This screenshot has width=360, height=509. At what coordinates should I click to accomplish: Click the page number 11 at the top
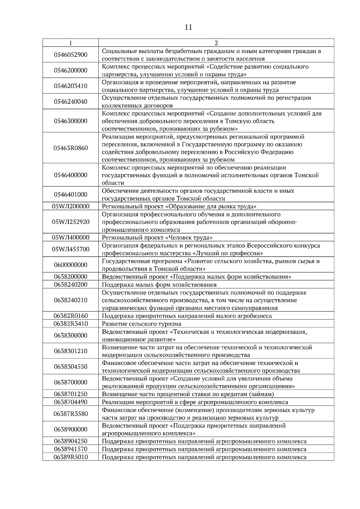[x=188, y=27]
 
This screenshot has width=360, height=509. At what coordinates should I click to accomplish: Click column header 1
[x=70, y=43]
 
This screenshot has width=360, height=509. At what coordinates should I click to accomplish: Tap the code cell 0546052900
[x=70, y=55]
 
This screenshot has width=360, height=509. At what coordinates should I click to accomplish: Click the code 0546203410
[x=70, y=86]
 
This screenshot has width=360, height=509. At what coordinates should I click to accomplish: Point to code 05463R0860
[x=70, y=148]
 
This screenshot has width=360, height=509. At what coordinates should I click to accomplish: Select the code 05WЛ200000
[x=70, y=206]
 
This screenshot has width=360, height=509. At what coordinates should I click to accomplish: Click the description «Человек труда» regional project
[x=157, y=238]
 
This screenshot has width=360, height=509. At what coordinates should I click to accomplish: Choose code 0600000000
[x=70, y=265]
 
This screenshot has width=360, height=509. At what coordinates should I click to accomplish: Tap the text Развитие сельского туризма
[x=142, y=324]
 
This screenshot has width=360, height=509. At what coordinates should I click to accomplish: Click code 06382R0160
[x=70, y=316]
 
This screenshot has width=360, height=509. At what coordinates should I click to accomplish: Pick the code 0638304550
[x=70, y=367]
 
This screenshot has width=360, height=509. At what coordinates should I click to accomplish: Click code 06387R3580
[x=70, y=414]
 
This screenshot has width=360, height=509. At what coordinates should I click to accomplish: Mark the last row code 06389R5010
[x=70, y=457]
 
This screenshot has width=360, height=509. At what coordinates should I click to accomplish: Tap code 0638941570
[x=70, y=449]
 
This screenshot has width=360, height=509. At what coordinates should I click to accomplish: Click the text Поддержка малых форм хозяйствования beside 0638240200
[x=159, y=285]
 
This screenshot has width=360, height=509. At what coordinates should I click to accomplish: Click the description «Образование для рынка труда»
[x=179, y=206]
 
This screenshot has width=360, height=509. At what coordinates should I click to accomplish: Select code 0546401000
[x=70, y=195]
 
